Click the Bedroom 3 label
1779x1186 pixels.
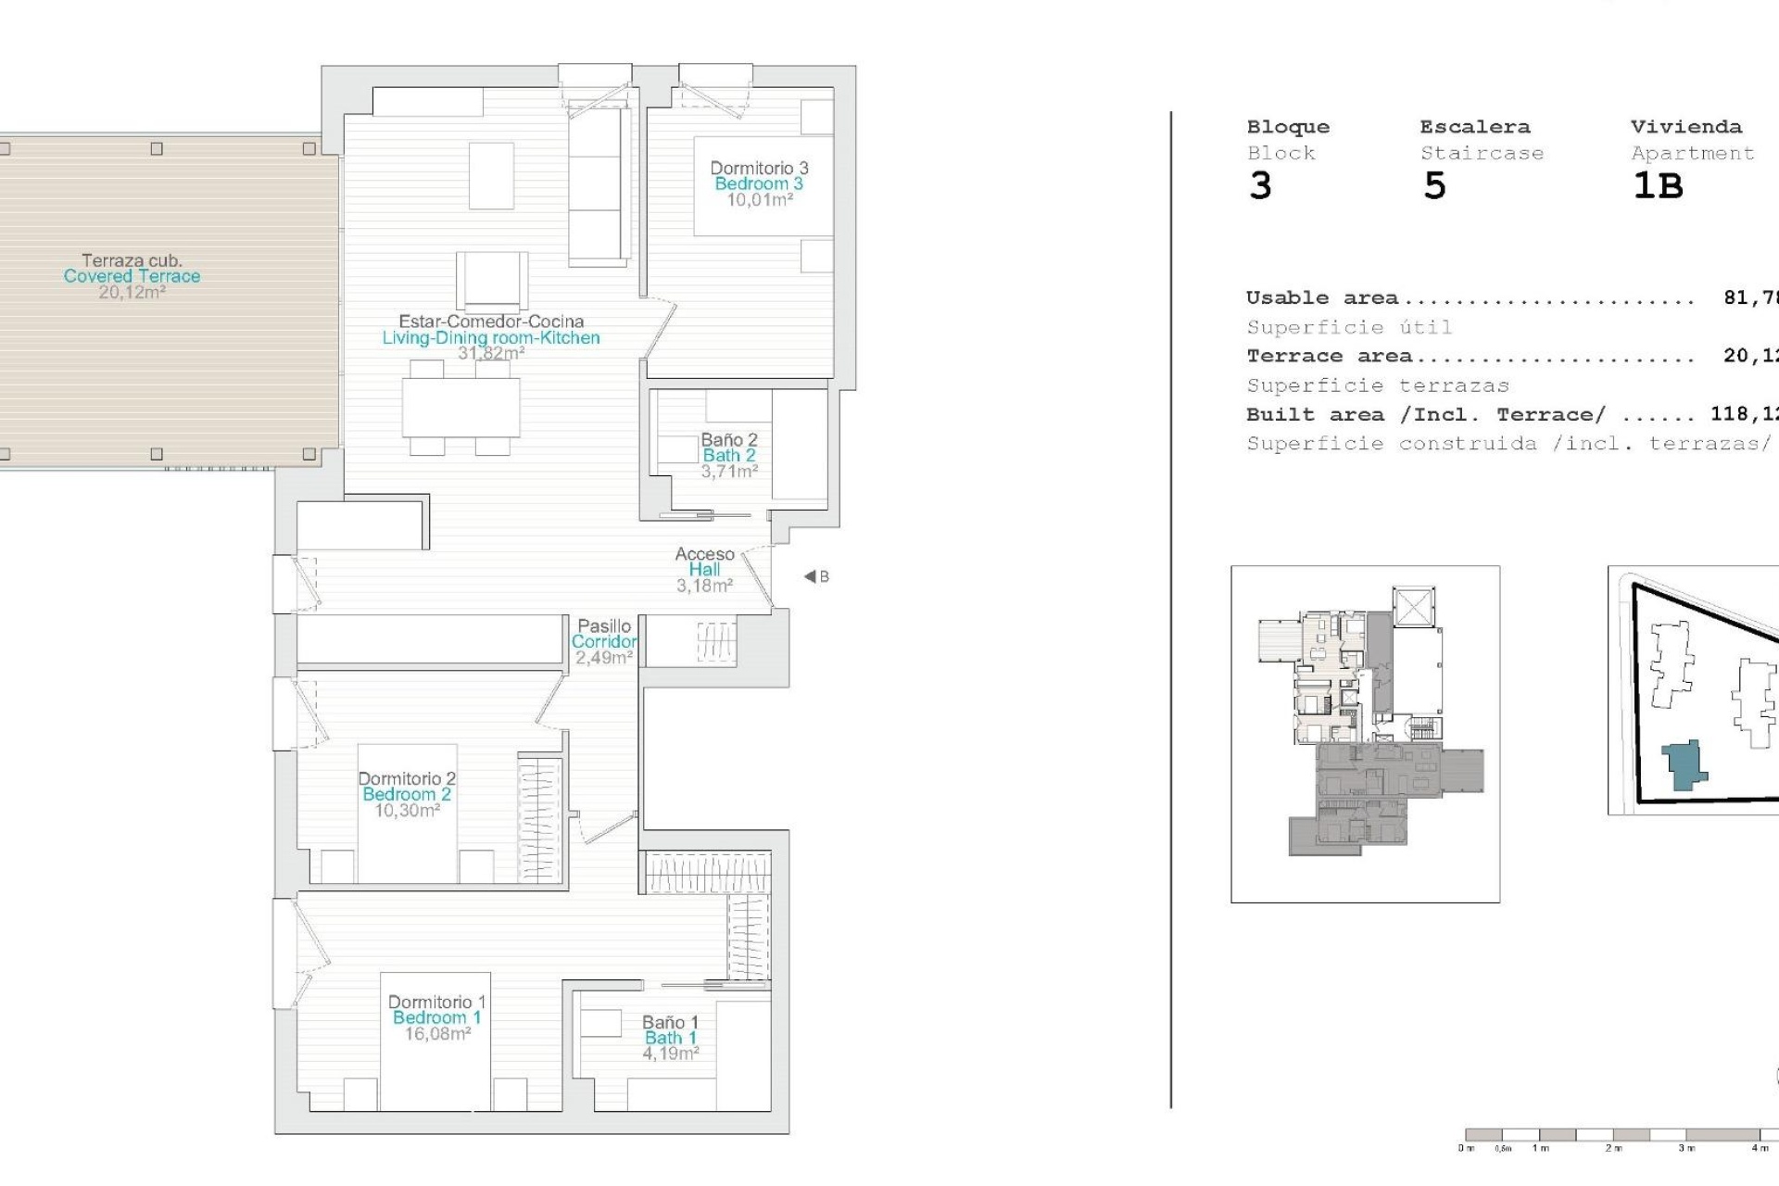758,183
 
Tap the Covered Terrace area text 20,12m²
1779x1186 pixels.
132,292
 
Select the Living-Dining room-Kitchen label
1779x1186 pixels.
491,338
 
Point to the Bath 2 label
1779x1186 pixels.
728,455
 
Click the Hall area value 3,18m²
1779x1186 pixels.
704,586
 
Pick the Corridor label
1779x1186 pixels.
603,641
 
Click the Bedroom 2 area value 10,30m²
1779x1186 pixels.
407,811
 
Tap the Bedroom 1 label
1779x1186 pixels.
436,1017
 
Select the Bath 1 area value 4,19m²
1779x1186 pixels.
671,1054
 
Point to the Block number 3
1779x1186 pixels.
1260,186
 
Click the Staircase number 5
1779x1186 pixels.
1433,186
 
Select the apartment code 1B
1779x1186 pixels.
1657,186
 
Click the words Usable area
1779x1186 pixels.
1321,298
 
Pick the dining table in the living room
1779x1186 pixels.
461,408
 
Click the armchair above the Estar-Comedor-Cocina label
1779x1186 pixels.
491,279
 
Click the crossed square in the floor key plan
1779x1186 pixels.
1413,608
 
